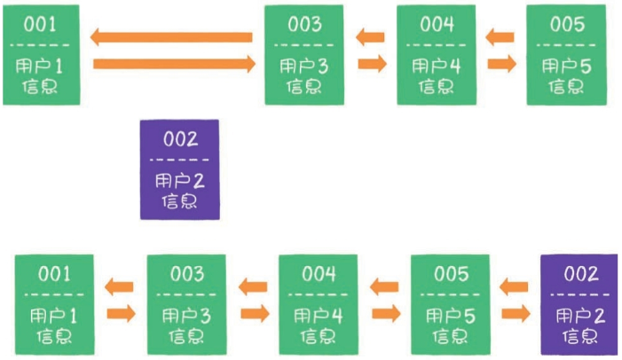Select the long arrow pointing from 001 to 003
click(x=173, y=63)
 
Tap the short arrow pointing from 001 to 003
click(x=120, y=313)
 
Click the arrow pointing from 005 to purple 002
click(x=515, y=313)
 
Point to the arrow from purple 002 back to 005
click(x=514, y=286)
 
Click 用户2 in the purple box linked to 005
click(x=581, y=316)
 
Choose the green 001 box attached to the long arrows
click(x=42, y=54)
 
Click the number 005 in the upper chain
click(x=567, y=24)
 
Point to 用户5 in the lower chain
click(x=450, y=316)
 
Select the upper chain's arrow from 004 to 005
click(x=501, y=63)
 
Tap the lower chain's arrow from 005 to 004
click(x=383, y=286)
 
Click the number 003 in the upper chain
click(x=304, y=24)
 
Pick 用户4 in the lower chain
click(x=318, y=316)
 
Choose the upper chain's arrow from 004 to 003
click(x=371, y=37)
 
